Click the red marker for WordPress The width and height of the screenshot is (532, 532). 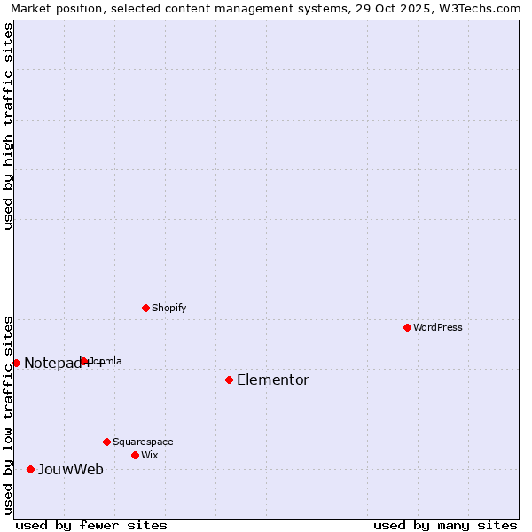click(x=407, y=327)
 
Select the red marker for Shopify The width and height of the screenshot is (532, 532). click(x=145, y=308)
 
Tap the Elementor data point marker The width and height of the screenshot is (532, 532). click(x=229, y=379)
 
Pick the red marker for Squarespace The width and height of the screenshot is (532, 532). click(x=106, y=442)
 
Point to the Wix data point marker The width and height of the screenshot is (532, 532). click(x=135, y=455)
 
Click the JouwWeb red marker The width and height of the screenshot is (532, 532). click(x=30, y=469)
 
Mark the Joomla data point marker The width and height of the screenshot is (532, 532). click(x=83, y=361)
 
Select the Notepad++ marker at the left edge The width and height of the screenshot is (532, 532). click(x=16, y=363)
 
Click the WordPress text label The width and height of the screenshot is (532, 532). click(x=438, y=327)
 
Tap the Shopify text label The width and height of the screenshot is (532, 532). click(x=168, y=308)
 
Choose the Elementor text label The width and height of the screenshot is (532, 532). click(x=273, y=379)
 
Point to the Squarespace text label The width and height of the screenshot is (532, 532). click(x=143, y=442)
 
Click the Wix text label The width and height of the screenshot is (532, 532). click(x=149, y=455)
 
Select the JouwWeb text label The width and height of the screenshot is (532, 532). click(x=70, y=469)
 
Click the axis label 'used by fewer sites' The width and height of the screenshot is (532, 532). click(x=91, y=525)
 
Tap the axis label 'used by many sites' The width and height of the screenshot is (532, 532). click(x=445, y=525)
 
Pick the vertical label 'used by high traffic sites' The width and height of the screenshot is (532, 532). click(x=8, y=126)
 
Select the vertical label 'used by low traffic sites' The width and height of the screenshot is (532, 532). click(x=8, y=414)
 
